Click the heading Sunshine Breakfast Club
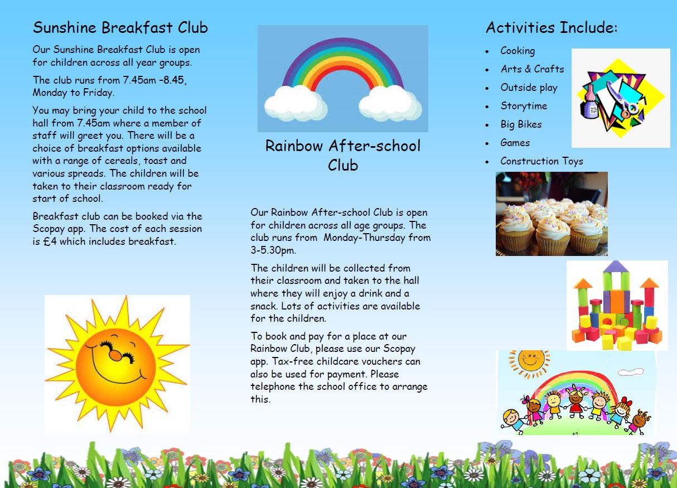point(120,27)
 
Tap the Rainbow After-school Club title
point(343,156)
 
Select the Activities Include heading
point(552,27)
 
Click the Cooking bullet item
point(518,51)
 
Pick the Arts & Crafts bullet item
point(532,69)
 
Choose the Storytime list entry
point(524,106)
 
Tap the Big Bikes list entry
point(521,124)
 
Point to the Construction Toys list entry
point(541,161)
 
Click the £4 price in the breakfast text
point(50,241)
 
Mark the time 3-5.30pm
point(273,250)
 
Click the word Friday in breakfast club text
point(98,93)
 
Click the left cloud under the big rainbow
point(295,103)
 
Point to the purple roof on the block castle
point(616,267)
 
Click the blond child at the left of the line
point(512,421)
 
